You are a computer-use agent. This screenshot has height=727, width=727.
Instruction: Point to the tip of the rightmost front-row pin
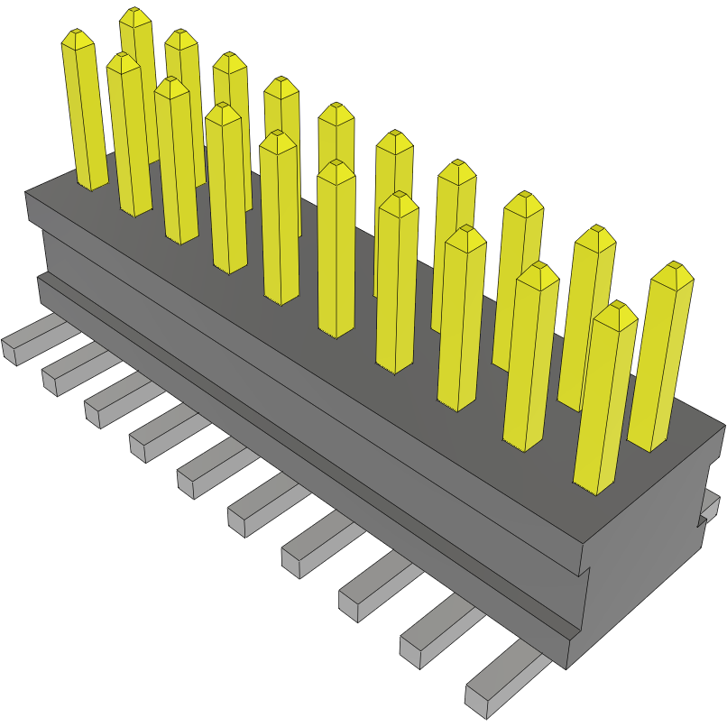615,312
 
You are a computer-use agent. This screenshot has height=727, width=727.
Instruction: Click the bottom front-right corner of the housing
567,667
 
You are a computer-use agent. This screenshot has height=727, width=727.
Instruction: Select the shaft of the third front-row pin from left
176,162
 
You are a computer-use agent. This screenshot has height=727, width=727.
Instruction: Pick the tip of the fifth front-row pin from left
279,140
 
